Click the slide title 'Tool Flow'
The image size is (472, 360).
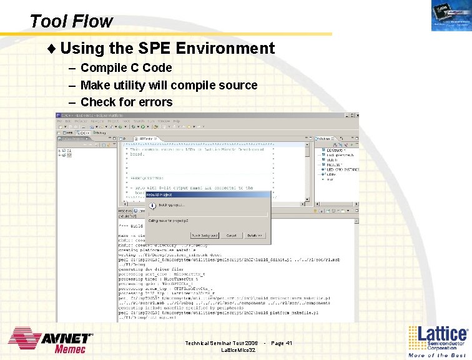pyautogui.click(x=71, y=21)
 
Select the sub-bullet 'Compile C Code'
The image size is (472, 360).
pyautogui.click(x=126, y=67)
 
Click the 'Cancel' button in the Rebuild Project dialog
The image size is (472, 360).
pyautogui.click(x=231, y=236)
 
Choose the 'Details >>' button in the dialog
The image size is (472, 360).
pyautogui.click(x=256, y=236)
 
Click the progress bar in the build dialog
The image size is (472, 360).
pyautogui.click(x=206, y=214)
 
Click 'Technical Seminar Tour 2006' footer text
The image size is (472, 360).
pyautogui.click(x=221, y=343)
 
